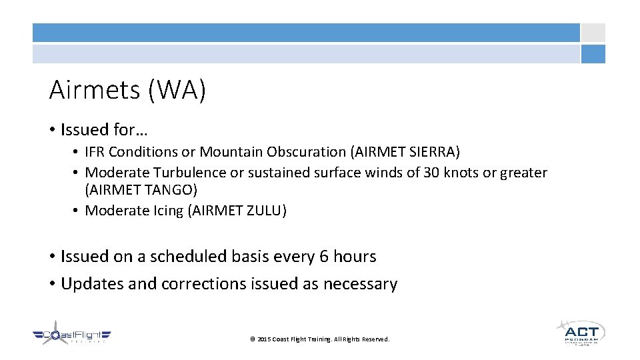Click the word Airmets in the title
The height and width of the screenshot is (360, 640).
click(x=95, y=91)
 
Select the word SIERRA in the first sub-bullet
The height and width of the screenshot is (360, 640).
click(x=430, y=152)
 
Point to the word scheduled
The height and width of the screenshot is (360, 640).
click(x=190, y=257)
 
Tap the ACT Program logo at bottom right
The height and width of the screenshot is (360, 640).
click(x=580, y=331)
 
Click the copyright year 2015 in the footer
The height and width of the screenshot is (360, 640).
click(x=264, y=339)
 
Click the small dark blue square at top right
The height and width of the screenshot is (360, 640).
click(x=593, y=54)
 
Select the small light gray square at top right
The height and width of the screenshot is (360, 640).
click(x=593, y=33)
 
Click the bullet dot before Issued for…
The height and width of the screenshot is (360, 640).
click(x=52, y=129)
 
